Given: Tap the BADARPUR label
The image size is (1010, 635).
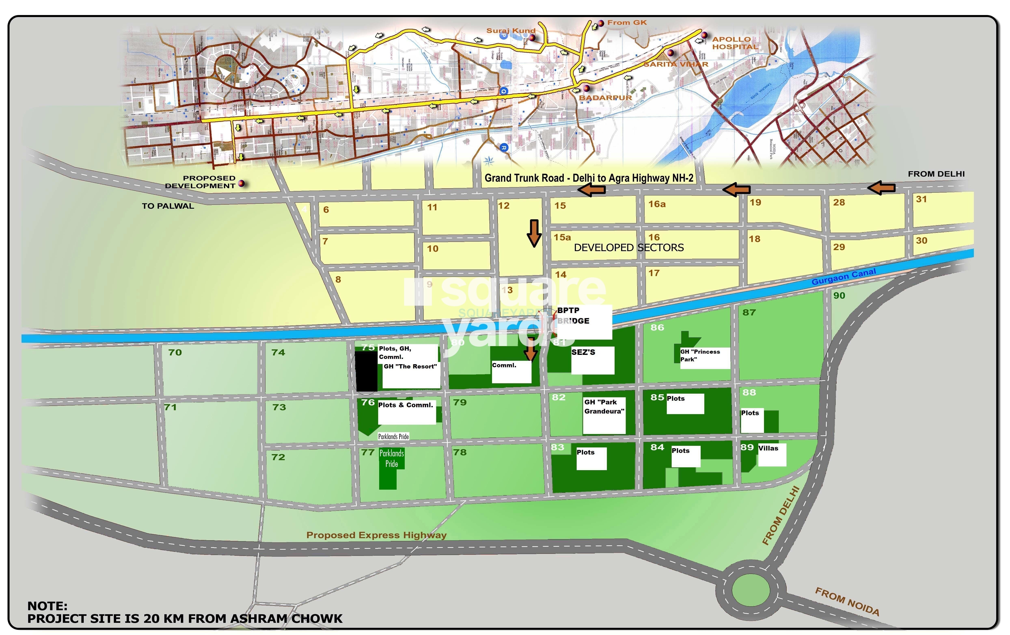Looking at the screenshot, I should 605,98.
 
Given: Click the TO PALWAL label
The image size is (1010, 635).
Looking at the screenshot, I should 168,206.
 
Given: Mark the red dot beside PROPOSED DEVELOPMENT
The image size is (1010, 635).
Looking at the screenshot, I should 241,183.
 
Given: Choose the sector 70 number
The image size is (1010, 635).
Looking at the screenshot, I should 175,352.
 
